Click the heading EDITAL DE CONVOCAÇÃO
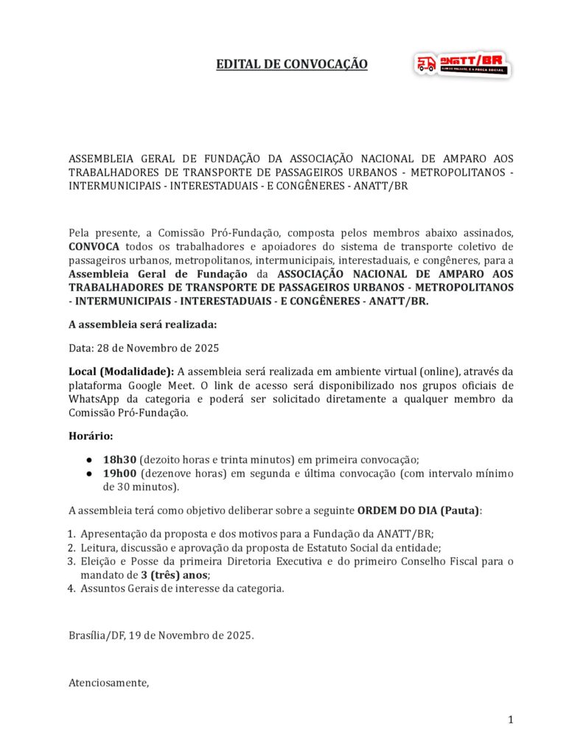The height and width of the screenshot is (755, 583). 291,64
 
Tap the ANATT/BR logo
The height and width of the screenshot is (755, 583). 462,64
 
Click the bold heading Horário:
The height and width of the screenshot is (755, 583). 91,436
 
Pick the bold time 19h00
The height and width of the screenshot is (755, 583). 118,473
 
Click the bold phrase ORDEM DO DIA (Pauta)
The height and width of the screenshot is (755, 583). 418,510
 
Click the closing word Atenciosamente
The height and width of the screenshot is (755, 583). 108,683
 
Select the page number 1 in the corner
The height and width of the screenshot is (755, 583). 510,720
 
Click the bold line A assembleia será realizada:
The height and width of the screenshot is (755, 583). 142,324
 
